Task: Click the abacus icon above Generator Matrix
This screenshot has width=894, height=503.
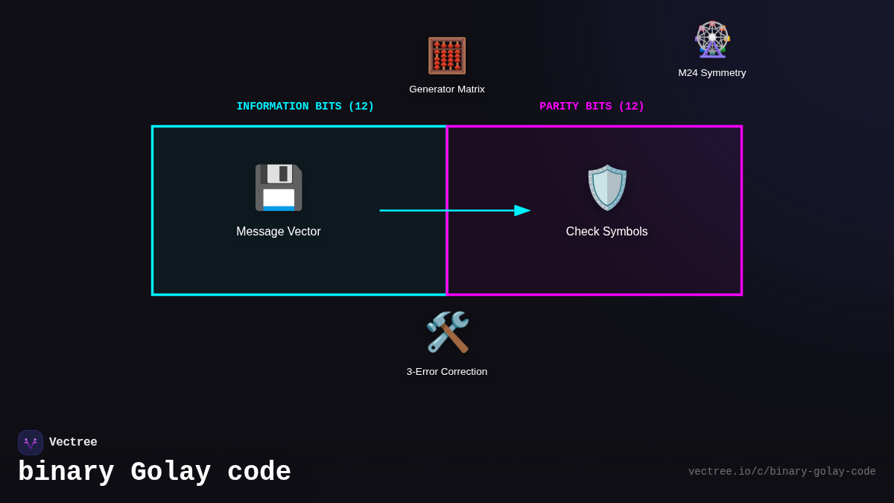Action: (447, 56)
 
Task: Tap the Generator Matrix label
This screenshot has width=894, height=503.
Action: (447, 89)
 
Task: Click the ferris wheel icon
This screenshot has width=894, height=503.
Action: (712, 39)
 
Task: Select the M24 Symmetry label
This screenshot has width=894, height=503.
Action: (711, 73)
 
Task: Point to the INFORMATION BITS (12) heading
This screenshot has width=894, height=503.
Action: (305, 107)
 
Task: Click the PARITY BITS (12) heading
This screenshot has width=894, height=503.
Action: (592, 107)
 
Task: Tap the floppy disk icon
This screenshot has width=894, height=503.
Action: (279, 188)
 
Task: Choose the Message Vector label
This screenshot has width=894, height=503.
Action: (279, 232)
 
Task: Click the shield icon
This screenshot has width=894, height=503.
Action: (607, 188)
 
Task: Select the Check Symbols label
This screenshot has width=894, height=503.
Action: (606, 232)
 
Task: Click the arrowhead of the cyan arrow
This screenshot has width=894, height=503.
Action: (522, 211)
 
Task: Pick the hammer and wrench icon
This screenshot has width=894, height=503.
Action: (447, 332)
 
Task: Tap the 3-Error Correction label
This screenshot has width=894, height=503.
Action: (447, 372)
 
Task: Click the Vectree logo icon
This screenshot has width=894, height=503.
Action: (31, 443)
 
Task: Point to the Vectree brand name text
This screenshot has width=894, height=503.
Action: (73, 443)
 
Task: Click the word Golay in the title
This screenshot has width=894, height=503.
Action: (171, 472)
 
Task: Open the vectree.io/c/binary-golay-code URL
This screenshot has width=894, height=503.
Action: (782, 472)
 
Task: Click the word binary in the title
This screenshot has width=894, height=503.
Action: (66, 472)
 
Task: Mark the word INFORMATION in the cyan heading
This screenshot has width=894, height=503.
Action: (273, 107)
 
